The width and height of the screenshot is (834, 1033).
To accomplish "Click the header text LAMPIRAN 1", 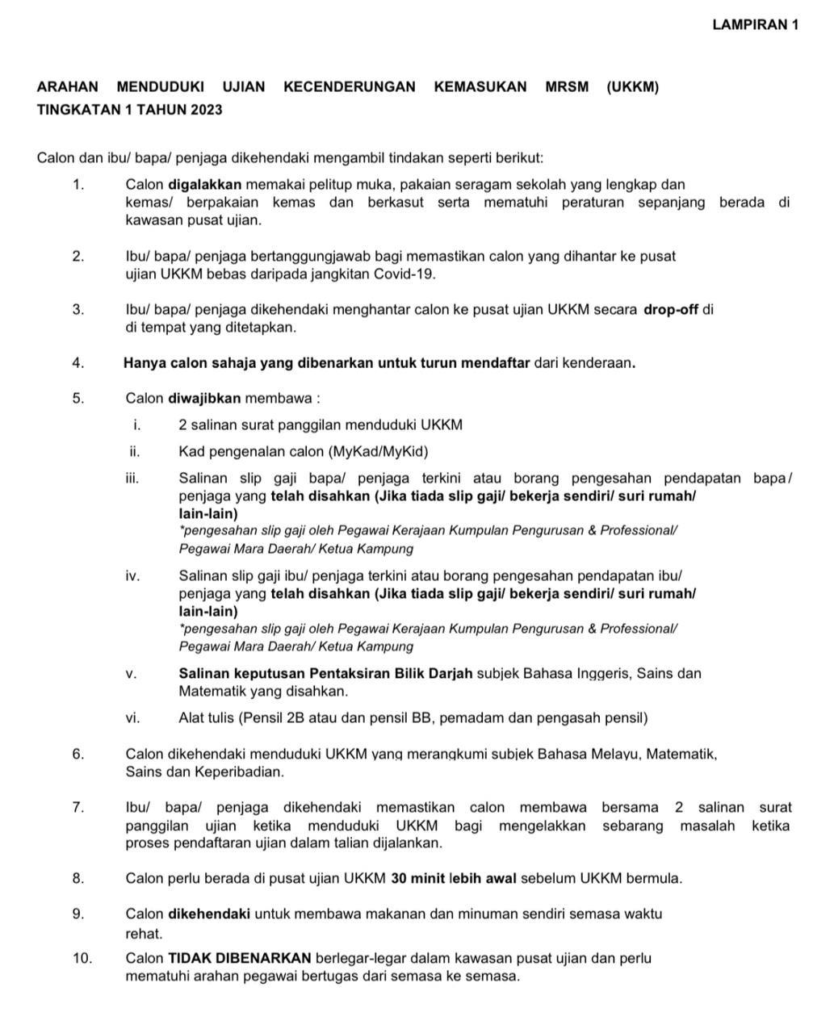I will pos(756,24).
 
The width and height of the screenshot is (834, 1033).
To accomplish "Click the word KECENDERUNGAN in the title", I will pos(350,87).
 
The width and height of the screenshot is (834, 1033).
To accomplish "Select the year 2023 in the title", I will pos(207,109).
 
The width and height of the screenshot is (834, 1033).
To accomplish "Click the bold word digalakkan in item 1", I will pos(205,185).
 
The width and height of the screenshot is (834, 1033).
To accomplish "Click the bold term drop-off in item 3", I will pos(670,310).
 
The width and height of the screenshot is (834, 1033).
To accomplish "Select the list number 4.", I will pos(78,363).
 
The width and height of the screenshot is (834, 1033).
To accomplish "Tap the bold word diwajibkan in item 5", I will pos(204,399).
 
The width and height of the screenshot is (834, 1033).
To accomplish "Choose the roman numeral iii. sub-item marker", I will pos(133,479).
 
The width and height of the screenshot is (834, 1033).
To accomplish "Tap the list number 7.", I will pos(78,807).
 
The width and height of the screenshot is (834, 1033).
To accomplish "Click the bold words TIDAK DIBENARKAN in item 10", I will pos(239,959).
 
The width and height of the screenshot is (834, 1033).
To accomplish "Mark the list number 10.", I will pos(82,959).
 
